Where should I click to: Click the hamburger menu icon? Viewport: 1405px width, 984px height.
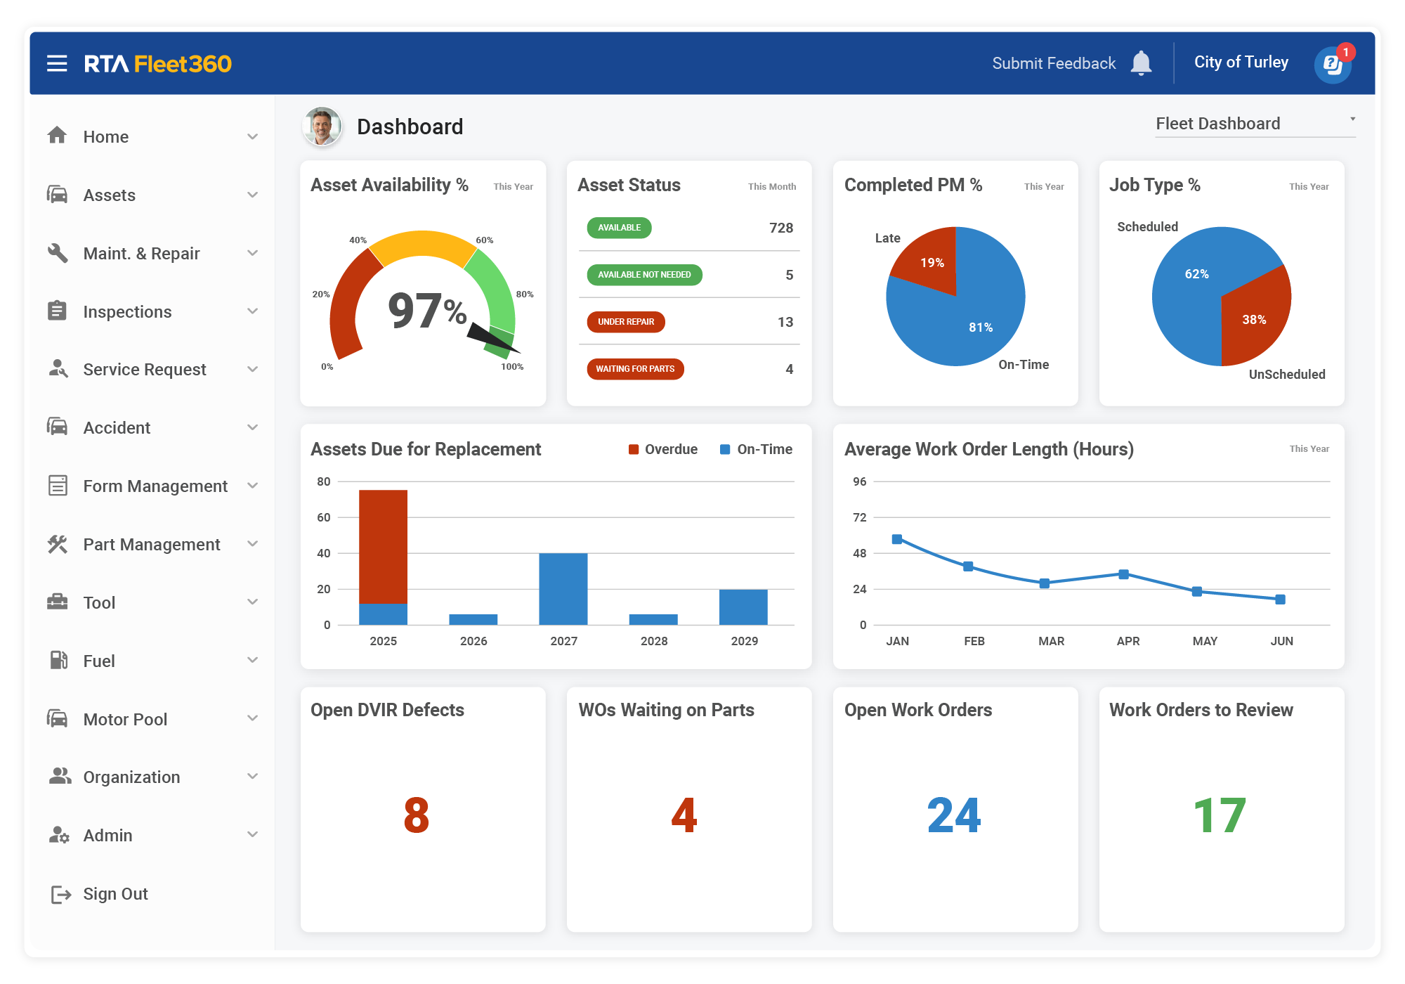click(x=57, y=64)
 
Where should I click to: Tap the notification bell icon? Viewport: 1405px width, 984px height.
click(x=1141, y=63)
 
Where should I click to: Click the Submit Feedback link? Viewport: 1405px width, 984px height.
click(x=1053, y=63)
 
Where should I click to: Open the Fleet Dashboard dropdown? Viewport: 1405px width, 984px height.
click(x=1255, y=124)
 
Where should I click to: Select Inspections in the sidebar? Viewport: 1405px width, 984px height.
click(x=127, y=311)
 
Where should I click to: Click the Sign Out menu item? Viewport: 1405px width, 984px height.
click(x=115, y=894)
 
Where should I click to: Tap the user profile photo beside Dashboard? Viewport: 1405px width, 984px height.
click(x=322, y=127)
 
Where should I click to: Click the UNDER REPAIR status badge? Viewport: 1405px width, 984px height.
click(x=626, y=322)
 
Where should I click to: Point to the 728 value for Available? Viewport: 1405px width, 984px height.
click(x=780, y=228)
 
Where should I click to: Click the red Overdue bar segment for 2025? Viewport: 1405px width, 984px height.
click(x=383, y=546)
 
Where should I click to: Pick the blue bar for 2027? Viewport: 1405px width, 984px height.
click(x=563, y=588)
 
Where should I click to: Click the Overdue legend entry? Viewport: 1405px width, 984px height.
click(x=663, y=450)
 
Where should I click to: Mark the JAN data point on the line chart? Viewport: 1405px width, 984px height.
click(x=897, y=539)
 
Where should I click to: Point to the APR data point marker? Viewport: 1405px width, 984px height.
click(x=1124, y=574)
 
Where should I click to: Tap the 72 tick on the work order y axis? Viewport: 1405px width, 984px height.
click(x=860, y=517)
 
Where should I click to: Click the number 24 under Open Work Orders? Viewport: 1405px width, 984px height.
click(x=954, y=815)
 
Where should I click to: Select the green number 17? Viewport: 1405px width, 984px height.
click(x=1220, y=815)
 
